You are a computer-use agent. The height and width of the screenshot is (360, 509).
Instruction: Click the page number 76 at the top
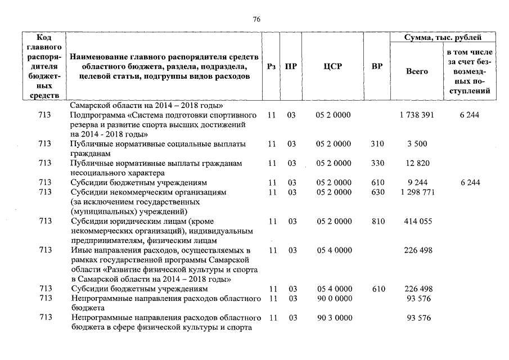point(256,19)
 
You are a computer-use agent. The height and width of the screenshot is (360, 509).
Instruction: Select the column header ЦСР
point(332,66)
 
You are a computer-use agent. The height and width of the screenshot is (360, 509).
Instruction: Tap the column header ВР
point(377,66)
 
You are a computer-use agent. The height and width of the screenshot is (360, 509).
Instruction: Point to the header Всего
point(417,71)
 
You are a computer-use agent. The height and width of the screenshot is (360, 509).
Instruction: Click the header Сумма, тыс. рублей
point(443,38)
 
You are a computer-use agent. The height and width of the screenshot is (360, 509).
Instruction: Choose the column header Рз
point(272,66)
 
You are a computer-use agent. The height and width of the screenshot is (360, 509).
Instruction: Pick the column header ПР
point(291,66)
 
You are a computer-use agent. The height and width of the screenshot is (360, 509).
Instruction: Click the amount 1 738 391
point(417,115)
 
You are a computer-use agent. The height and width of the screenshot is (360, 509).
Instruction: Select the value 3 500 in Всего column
point(417,144)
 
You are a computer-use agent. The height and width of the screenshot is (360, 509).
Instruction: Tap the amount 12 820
point(417,164)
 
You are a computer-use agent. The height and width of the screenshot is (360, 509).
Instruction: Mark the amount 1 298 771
point(417,192)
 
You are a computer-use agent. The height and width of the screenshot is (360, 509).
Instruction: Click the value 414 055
point(417,222)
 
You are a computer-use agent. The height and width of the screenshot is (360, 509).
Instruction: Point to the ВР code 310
point(377,144)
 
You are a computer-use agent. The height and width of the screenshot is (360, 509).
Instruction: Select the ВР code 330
point(377,164)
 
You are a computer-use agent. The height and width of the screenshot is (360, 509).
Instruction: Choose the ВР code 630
point(377,192)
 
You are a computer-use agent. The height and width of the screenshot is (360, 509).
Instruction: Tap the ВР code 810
point(377,222)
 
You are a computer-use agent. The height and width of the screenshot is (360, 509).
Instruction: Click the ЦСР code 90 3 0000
point(334,318)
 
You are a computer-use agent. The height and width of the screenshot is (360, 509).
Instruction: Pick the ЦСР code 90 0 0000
point(334,298)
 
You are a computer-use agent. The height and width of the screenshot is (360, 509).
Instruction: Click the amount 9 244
point(417,183)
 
